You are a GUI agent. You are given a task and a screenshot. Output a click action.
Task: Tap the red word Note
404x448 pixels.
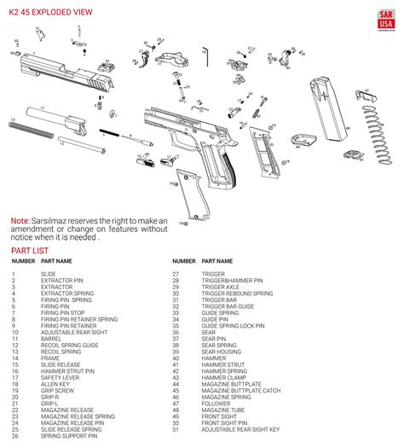click(20, 221)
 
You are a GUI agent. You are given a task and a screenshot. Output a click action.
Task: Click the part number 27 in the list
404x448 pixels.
click(176, 274)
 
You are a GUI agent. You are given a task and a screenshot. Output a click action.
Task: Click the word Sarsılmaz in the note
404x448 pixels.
click(55, 221)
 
